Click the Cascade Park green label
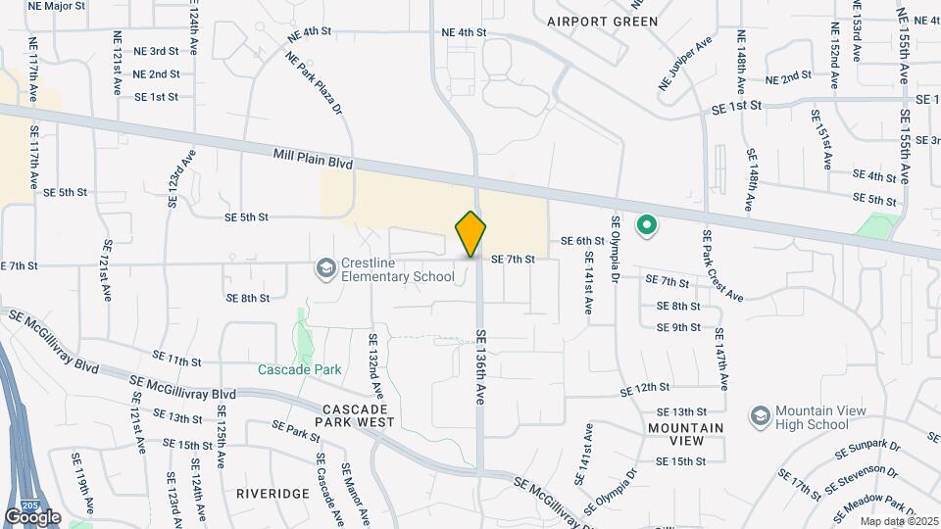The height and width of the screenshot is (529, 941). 299,370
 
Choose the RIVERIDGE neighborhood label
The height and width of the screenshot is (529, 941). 272,494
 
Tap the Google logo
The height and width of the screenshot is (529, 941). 32,516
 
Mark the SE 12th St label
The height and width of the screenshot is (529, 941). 644,389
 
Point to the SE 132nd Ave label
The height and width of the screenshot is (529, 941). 373,364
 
